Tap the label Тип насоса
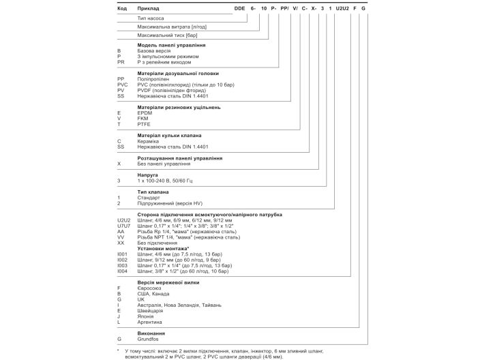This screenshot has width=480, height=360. pos(152,18)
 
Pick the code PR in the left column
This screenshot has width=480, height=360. pos(121,61)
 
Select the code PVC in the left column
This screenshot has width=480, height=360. pos(122,85)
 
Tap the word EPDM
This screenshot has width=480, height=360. pos(145,113)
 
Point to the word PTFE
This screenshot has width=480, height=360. pos(145,124)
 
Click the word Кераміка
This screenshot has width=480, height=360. pos(149,141)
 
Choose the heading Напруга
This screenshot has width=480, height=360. pos(148,175)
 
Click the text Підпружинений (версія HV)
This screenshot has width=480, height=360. pos(170,203)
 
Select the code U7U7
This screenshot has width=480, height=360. pos(123,226)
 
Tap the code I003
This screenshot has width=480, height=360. pos(123,265)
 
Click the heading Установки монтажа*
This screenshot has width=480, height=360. pos(164,249)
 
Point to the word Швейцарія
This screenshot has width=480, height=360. pos(151,310)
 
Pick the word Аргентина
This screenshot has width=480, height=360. pos(151,321)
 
